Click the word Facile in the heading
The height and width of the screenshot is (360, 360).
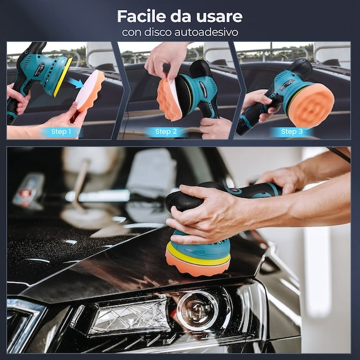click(141, 16)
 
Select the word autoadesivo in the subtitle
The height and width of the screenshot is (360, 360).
click(207, 32)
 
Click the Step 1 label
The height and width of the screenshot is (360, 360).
click(61, 132)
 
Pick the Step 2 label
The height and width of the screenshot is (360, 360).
click(166, 132)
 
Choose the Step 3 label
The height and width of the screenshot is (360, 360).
click(292, 132)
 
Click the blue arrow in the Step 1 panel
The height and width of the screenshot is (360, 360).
click(76, 83)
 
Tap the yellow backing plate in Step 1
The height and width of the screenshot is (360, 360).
click(63, 77)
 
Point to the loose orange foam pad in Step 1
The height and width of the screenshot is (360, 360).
click(90, 91)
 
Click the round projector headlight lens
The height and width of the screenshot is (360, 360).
click(198, 311)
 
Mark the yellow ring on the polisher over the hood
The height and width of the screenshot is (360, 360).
click(198, 255)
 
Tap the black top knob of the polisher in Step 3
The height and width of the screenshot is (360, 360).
click(301, 69)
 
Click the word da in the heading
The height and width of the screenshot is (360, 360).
click(181, 16)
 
